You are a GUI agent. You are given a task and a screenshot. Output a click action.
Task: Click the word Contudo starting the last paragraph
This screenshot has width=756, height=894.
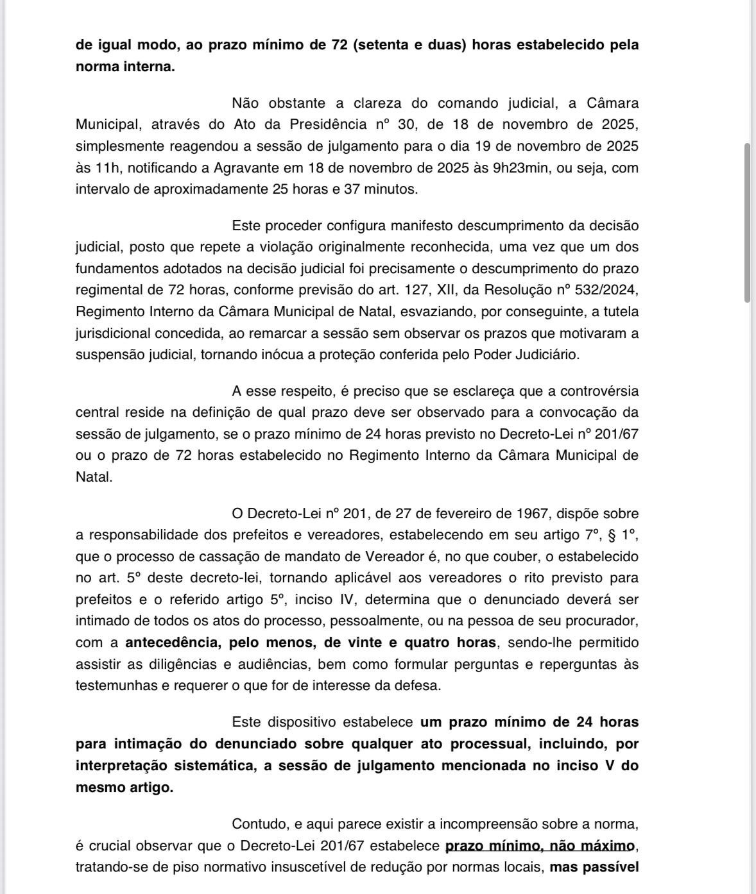[x=260, y=824]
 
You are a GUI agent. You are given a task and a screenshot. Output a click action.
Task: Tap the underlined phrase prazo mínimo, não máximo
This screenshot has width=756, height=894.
[x=540, y=846]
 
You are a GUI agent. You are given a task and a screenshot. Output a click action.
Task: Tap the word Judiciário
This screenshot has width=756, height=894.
[x=546, y=355]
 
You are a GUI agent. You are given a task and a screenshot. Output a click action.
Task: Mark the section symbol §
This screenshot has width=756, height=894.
[x=611, y=535]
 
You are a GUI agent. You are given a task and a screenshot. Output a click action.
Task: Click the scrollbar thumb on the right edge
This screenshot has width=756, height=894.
[x=747, y=222]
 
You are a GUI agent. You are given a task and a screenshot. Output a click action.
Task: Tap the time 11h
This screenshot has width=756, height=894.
[x=96, y=168]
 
